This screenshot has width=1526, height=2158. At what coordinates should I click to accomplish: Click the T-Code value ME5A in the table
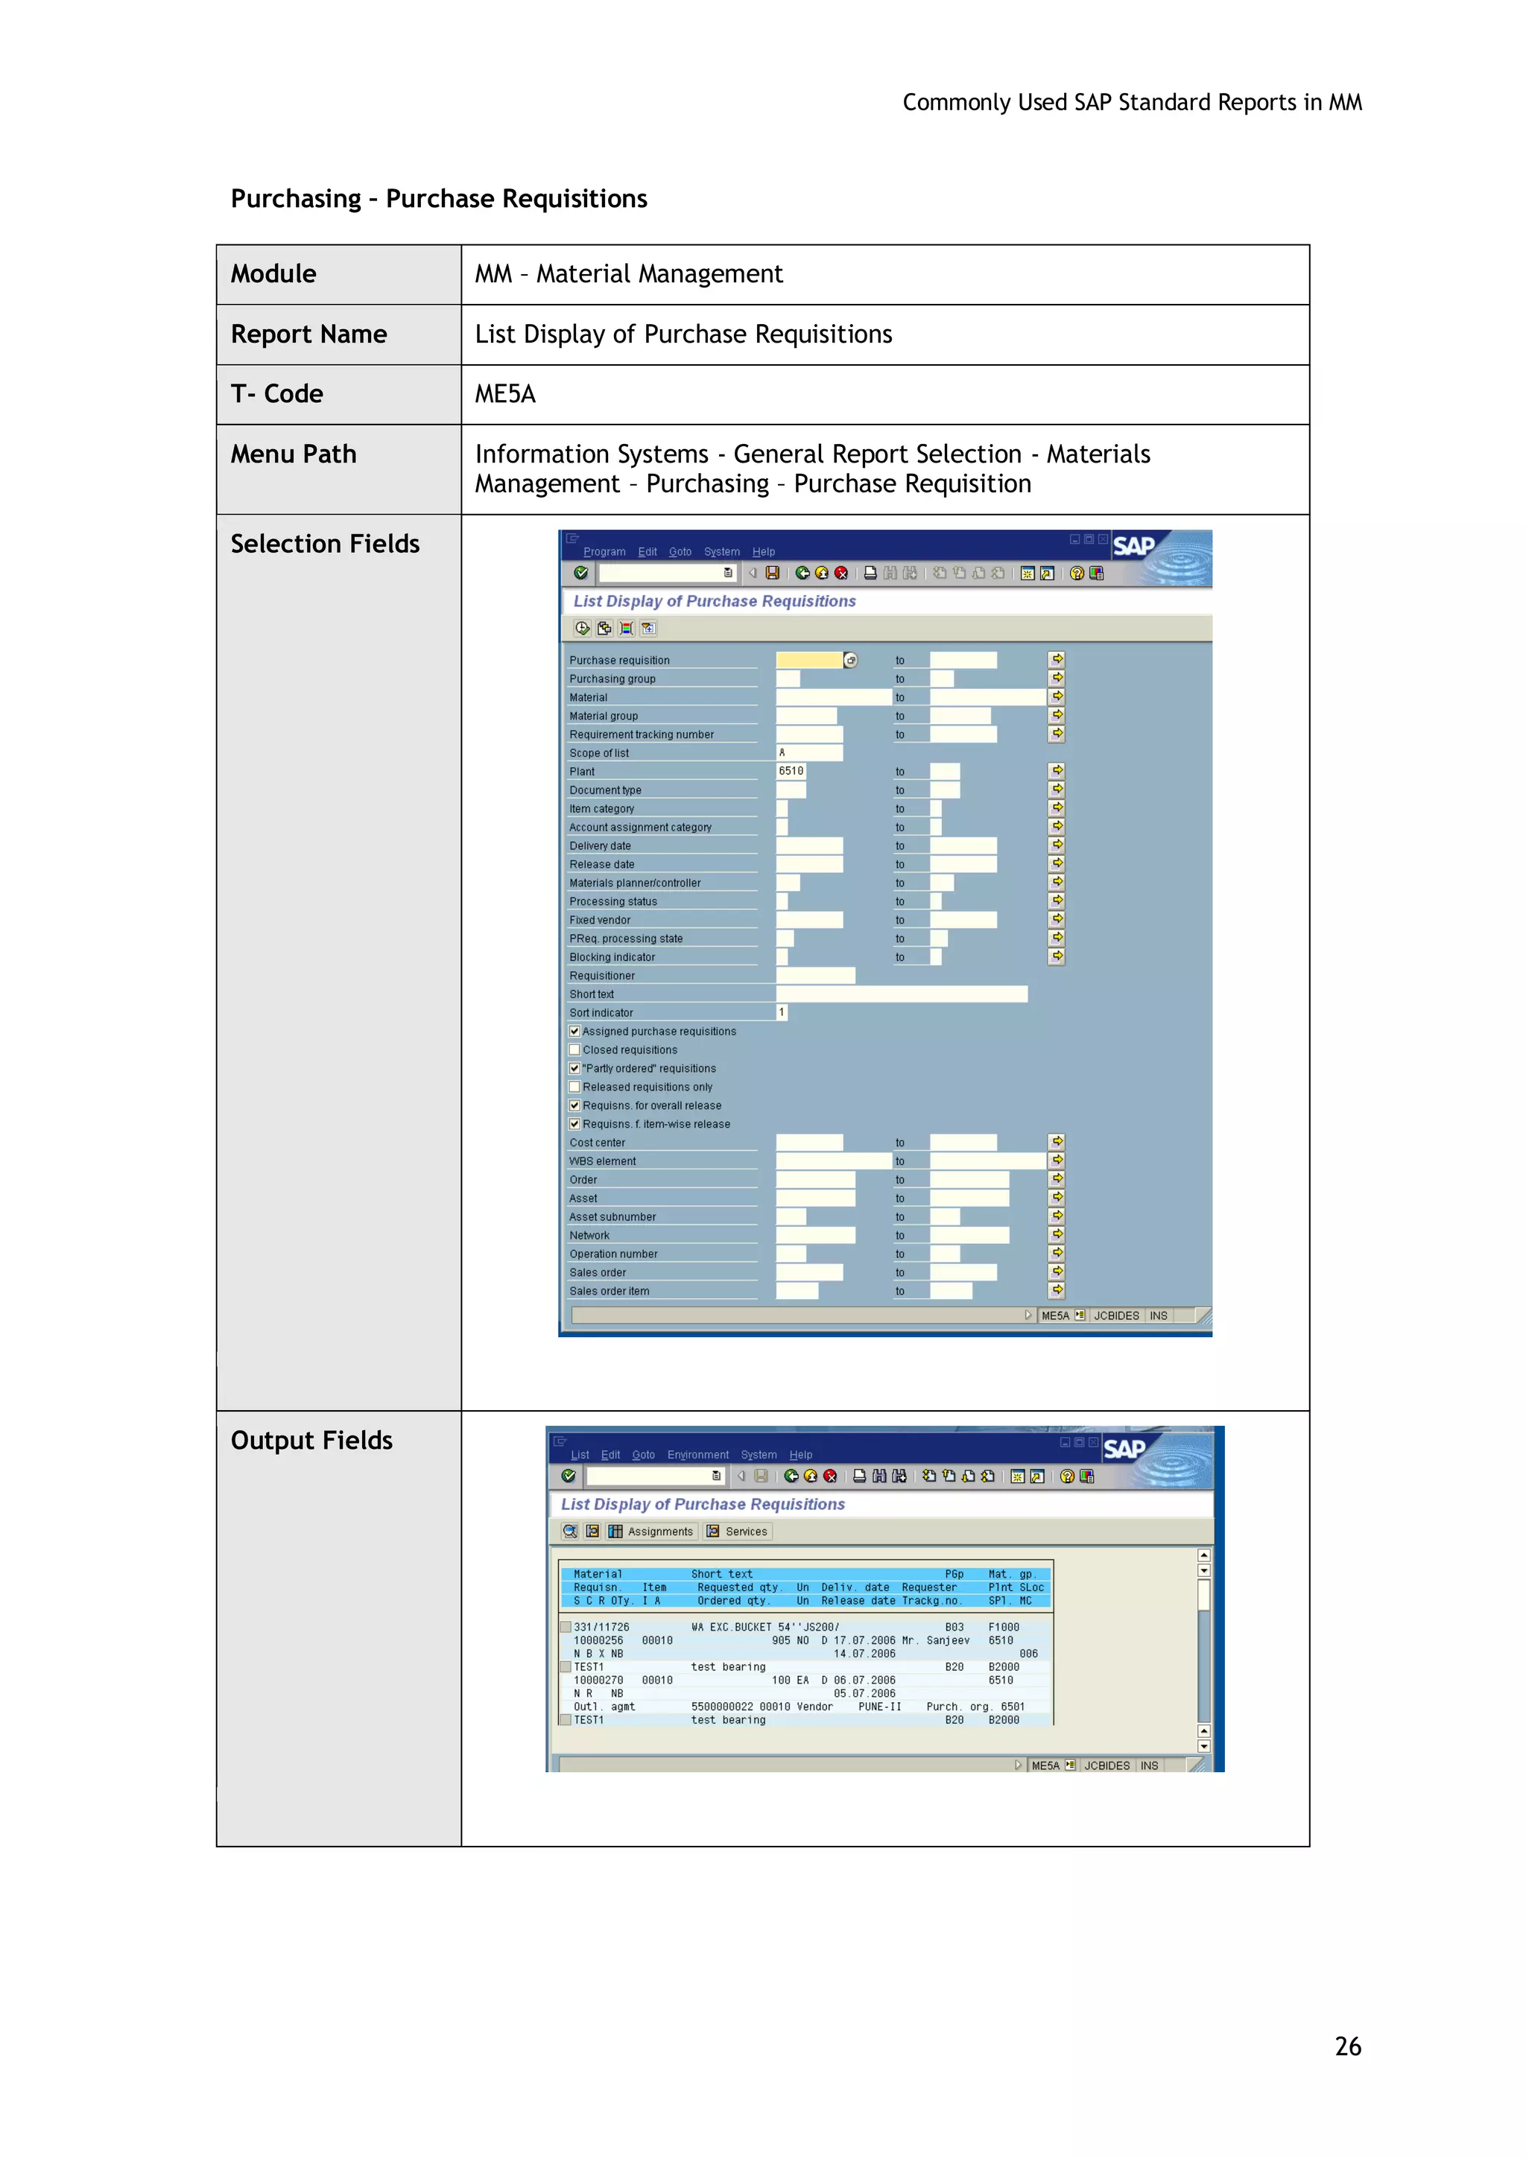[505, 394]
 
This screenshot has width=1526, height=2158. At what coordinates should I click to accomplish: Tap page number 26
[1347, 2046]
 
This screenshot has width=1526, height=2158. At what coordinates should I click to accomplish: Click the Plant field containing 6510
[791, 771]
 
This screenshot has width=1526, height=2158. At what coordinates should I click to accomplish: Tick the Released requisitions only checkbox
[574, 1087]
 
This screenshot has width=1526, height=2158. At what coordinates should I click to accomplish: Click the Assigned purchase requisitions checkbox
[574, 1031]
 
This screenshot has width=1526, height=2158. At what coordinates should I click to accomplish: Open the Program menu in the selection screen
[604, 552]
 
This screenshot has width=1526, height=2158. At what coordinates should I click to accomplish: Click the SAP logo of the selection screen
[1133, 546]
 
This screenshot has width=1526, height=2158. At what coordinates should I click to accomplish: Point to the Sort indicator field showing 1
[782, 1012]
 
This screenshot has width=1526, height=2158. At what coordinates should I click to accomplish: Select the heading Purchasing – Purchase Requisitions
[439, 199]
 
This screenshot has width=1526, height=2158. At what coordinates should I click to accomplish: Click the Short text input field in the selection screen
[901, 994]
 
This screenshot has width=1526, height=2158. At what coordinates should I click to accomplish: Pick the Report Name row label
[308, 334]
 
